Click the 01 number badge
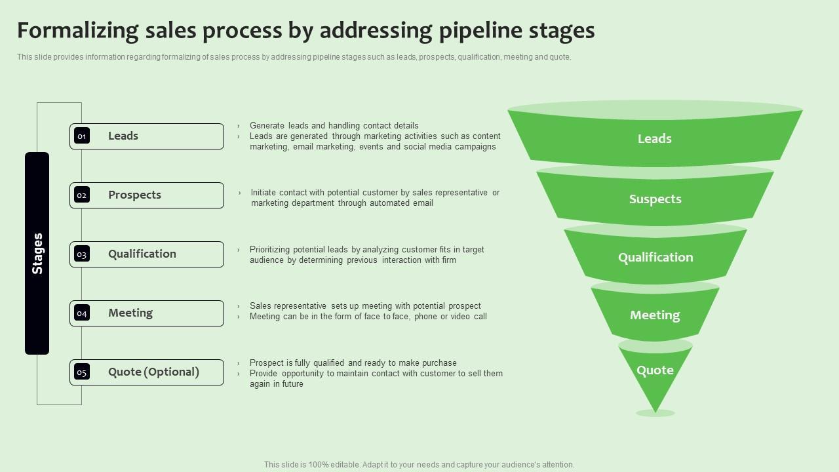(82, 136)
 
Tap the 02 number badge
(82, 195)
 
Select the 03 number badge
(82, 254)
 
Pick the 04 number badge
(82, 313)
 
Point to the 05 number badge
(82, 372)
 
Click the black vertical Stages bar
(37, 253)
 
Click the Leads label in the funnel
(655, 138)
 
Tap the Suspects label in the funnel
(655, 199)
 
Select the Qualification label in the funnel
(655, 258)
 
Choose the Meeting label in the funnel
(655, 315)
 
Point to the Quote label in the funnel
(655, 370)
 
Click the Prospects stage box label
(134, 195)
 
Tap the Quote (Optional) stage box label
(153, 372)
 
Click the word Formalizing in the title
(78, 31)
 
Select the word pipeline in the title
(480, 31)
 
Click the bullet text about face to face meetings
(368, 317)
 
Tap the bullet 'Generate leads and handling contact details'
(334, 125)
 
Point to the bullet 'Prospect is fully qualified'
(353, 363)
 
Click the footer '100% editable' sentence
(419, 465)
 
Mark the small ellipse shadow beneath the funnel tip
(655, 413)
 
